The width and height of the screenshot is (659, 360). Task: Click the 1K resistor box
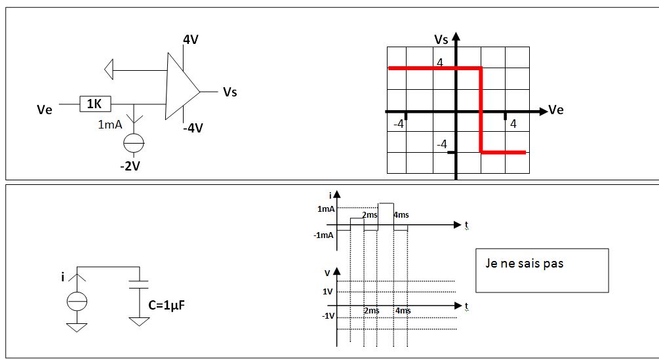[x=95, y=104]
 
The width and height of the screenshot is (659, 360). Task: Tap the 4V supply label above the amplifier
[x=190, y=40]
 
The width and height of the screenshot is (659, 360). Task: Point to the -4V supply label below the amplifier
[x=193, y=128]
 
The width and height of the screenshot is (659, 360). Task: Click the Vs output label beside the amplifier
[x=230, y=92]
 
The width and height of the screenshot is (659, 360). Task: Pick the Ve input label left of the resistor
[x=45, y=110]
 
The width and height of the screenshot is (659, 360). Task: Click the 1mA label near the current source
[x=110, y=125]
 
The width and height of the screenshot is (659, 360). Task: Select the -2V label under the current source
[x=130, y=166]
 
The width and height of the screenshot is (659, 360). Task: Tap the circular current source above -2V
[x=134, y=142]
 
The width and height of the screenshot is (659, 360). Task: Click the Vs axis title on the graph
[x=441, y=39]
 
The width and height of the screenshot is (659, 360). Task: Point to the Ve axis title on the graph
[x=555, y=110]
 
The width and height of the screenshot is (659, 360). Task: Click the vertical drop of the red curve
[x=482, y=110]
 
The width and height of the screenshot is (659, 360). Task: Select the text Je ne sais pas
[x=524, y=264]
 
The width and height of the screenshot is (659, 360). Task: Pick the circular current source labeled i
[x=77, y=302]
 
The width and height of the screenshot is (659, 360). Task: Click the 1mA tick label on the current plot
[x=326, y=209]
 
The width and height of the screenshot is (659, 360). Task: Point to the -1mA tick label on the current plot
[x=324, y=235]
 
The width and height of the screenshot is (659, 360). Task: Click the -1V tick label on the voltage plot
[x=327, y=316]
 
